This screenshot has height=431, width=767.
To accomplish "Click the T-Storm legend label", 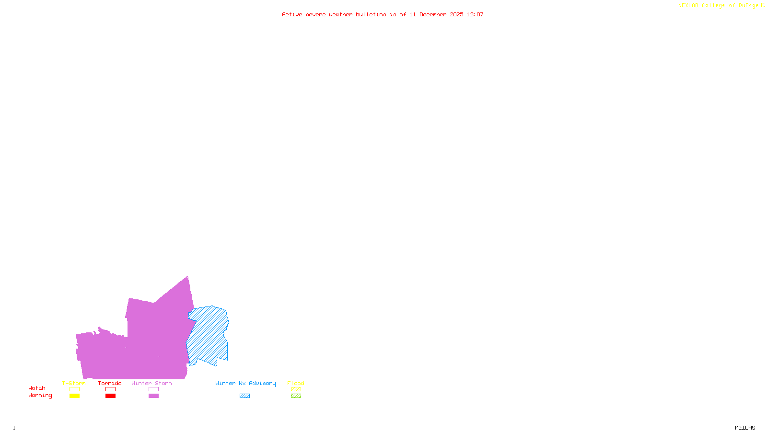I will tap(74, 383).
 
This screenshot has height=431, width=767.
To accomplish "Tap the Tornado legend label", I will tap(110, 383).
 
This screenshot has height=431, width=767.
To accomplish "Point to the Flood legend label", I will tap(296, 383).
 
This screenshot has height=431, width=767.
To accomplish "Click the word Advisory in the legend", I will tap(262, 383).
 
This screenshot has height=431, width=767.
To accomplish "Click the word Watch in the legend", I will tap(37, 388).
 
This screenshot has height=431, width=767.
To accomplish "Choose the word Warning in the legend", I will tap(40, 396).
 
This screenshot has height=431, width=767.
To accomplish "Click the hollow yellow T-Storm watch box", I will tap(74, 389).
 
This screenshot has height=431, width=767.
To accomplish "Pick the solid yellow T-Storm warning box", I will tap(74, 396).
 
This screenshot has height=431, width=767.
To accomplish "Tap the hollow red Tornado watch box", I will tap(110, 389).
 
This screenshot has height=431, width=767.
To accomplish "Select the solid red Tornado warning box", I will tap(110, 396).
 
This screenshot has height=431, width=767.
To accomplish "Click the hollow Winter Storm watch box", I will tap(153, 389).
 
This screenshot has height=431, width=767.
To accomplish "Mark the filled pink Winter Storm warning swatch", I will tap(153, 396).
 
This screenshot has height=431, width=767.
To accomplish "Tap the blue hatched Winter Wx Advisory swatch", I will tap(244, 396).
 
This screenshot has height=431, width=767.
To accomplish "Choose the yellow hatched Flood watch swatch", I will tap(296, 389).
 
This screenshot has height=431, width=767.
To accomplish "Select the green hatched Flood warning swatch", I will tap(296, 396).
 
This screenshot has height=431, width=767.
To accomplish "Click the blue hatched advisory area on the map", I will tap(209, 335).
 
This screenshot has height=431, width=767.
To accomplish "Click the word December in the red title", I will tap(432, 14).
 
